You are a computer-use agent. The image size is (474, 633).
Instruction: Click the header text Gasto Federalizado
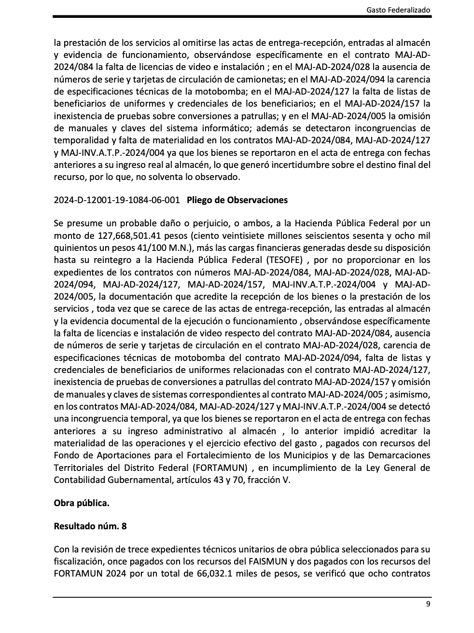pos(398,9)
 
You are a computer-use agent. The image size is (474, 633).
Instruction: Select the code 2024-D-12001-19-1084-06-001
pos(117,200)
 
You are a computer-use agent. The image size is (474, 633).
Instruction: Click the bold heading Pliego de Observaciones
pos(237,200)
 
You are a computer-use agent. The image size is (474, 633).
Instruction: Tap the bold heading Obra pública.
pos(82,503)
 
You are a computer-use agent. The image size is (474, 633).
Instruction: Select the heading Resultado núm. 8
pos(90,526)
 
